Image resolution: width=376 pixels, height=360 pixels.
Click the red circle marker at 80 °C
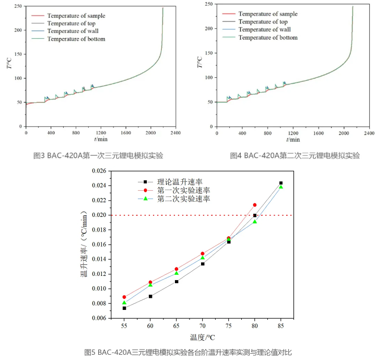point(255,205)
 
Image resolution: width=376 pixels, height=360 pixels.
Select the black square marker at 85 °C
point(281,183)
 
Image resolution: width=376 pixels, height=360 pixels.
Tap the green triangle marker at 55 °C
point(124,303)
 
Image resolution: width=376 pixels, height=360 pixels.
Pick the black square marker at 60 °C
point(150,296)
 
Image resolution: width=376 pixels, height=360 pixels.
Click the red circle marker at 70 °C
point(203,253)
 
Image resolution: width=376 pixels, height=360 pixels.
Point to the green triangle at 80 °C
point(255,222)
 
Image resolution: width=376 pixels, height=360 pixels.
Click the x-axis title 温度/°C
point(202,337)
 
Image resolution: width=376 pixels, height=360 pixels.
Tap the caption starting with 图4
point(295,156)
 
